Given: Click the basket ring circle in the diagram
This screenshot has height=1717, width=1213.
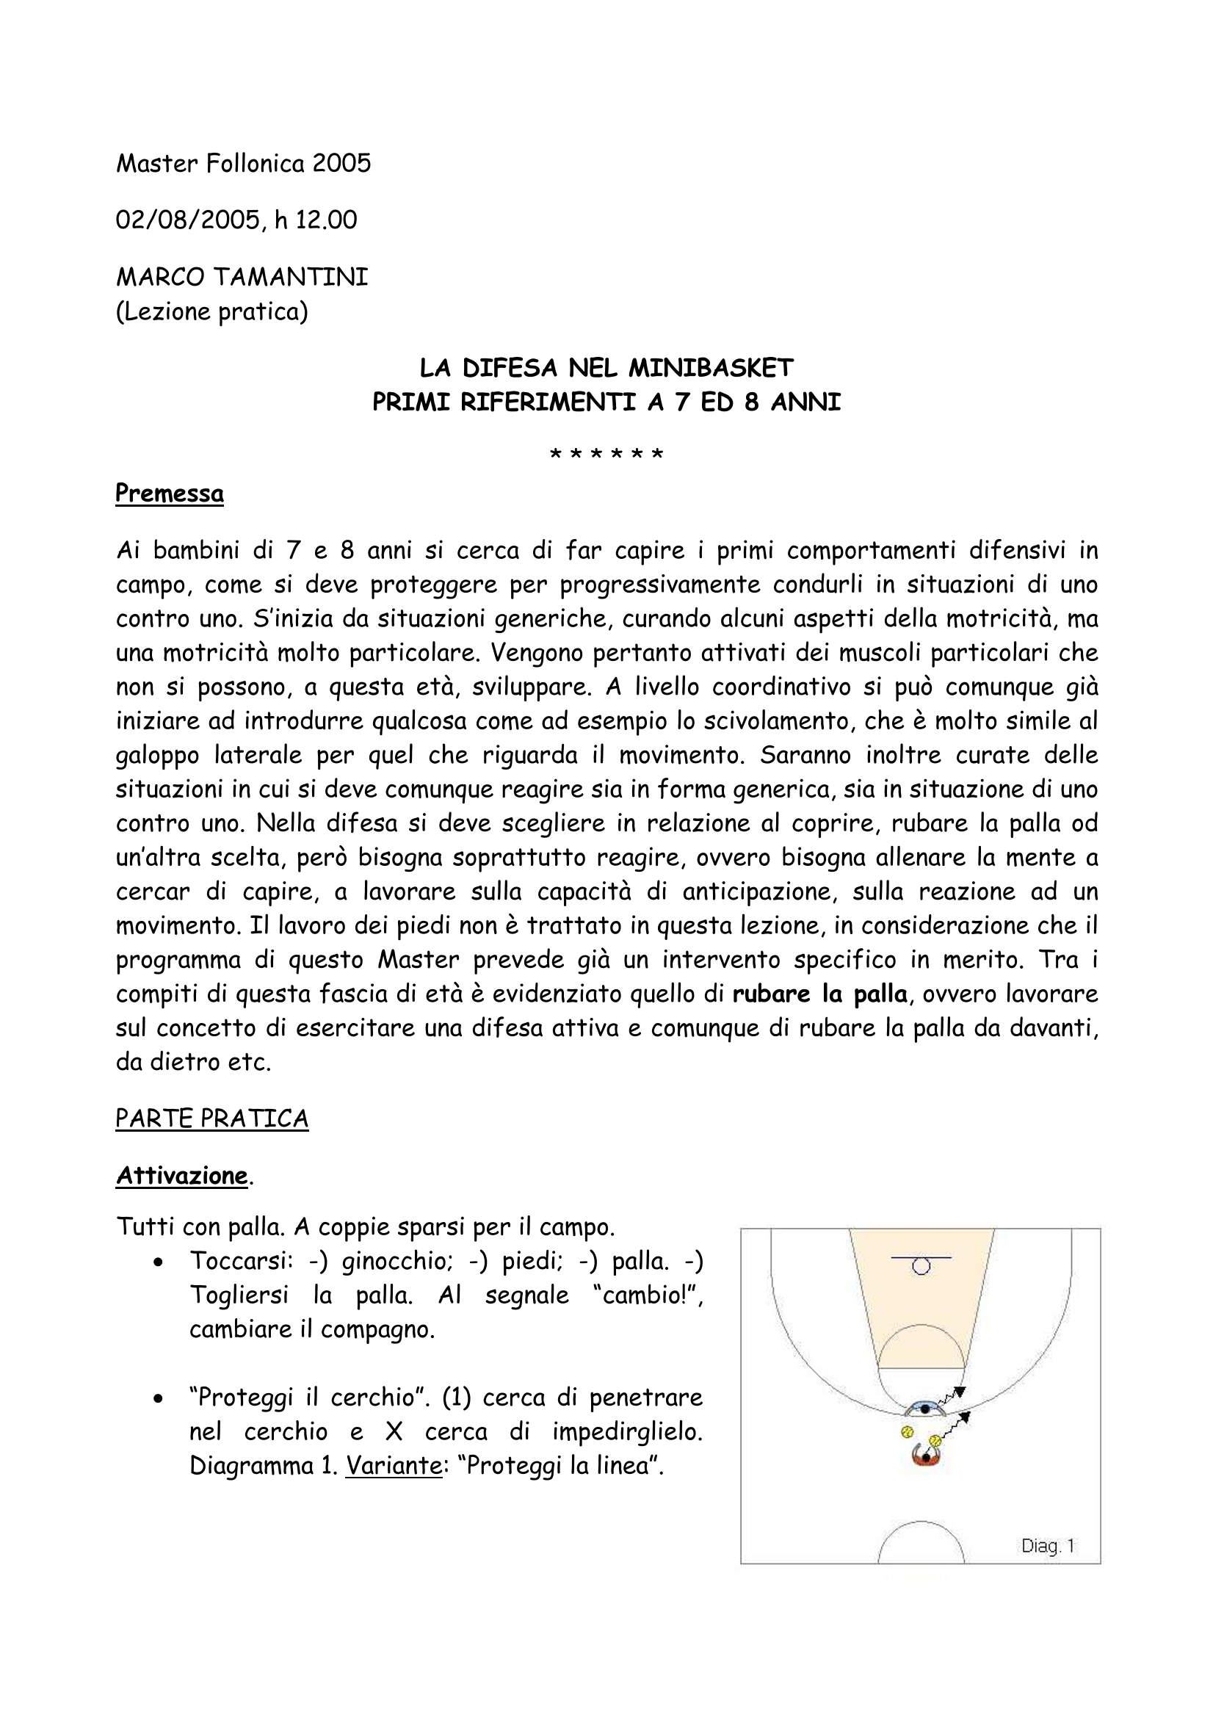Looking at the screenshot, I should pyautogui.click(x=921, y=1266).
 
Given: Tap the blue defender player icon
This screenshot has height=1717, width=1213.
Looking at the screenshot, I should pyautogui.click(x=925, y=1409).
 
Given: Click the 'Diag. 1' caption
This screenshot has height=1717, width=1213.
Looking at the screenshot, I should pyautogui.click(x=1048, y=1546).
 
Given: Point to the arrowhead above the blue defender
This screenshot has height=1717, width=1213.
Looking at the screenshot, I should pyautogui.click(x=960, y=1392).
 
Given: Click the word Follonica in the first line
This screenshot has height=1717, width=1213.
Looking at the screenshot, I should pyautogui.click(x=255, y=163).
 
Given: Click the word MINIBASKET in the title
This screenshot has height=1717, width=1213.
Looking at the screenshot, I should pyautogui.click(x=711, y=368).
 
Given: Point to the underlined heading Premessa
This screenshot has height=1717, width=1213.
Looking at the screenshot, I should pyautogui.click(x=170, y=494).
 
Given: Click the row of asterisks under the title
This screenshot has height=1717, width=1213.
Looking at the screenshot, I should pyautogui.click(x=606, y=455).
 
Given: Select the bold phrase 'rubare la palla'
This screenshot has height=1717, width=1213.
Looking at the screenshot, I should pyautogui.click(x=819, y=994).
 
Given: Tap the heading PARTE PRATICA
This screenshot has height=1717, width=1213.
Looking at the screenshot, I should pyautogui.click(x=211, y=1118).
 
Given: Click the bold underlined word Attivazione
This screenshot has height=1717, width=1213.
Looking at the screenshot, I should pyautogui.click(x=181, y=1176).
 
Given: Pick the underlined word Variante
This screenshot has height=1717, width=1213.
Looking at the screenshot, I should pyautogui.click(x=394, y=1466).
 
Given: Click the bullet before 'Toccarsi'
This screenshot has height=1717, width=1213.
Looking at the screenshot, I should pyautogui.click(x=157, y=1262).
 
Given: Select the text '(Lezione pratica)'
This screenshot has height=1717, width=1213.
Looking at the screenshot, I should pyautogui.click(x=211, y=311).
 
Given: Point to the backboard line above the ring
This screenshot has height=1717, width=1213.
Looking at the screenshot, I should pyautogui.click(x=921, y=1258).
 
